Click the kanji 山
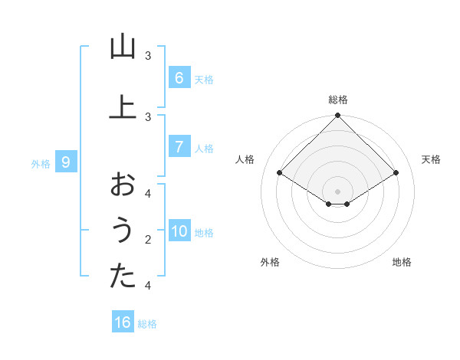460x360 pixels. click(x=123, y=47)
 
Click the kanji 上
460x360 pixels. click(x=123, y=106)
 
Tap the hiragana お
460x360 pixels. click(x=123, y=185)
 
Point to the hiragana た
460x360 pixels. click(x=123, y=277)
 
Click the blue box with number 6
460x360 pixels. click(x=179, y=77)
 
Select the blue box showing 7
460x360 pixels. click(x=179, y=146)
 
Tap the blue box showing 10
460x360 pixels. click(x=179, y=231)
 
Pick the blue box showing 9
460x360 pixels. click(x=66, y=162)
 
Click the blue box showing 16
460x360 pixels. click(x=123, y=322)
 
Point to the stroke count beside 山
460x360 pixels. click(x=148, y=56)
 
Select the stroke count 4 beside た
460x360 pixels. click(x=148, y=286)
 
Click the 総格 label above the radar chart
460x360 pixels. click(x=338, y=100)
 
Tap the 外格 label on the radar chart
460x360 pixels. click(x=270, y=262)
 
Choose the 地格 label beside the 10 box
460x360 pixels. click(x=205, y=233)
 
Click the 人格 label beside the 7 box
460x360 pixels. click(x=205, y=148)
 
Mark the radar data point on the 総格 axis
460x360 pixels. click(x=338, y=116)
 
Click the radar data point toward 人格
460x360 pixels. click(x=280, y=173)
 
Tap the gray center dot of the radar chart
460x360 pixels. click(x=338, y=191)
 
